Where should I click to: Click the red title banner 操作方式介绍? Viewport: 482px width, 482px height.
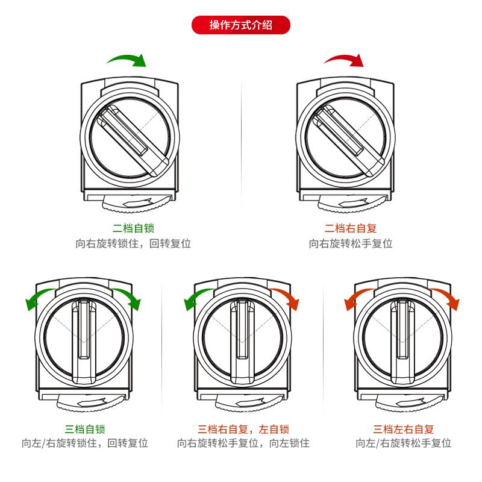click(240, 25)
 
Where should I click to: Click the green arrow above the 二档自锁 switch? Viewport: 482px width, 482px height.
click(127, 59)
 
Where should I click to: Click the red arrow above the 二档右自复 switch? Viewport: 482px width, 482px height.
click(344, 59)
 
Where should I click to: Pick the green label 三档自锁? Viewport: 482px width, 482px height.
click(85, 429)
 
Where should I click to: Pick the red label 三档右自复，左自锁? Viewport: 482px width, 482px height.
click(243, 429)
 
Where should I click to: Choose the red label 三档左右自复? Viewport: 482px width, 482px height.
click(404, 429)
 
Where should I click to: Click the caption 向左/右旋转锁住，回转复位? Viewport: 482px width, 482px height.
click(85, 444)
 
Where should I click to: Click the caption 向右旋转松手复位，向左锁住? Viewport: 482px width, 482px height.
click(243, 444)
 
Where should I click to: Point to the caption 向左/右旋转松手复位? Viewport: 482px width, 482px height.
click(404, 444)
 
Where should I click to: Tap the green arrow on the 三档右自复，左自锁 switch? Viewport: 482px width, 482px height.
click(195, 298)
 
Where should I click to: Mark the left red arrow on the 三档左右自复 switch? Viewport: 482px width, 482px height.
click(355, 298)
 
